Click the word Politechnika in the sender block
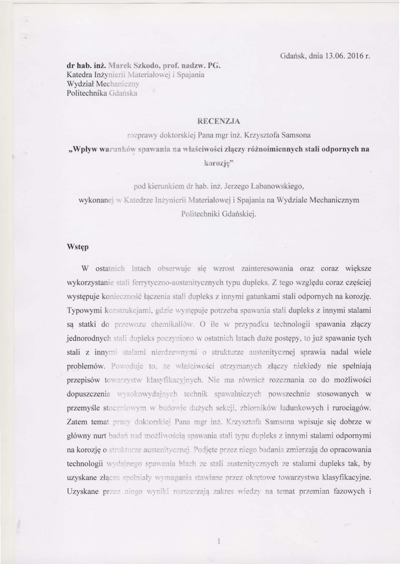click(86, 93)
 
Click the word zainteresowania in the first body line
click(266, 268)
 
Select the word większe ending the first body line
click(356, 268)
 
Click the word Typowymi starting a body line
click(83, 310)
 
